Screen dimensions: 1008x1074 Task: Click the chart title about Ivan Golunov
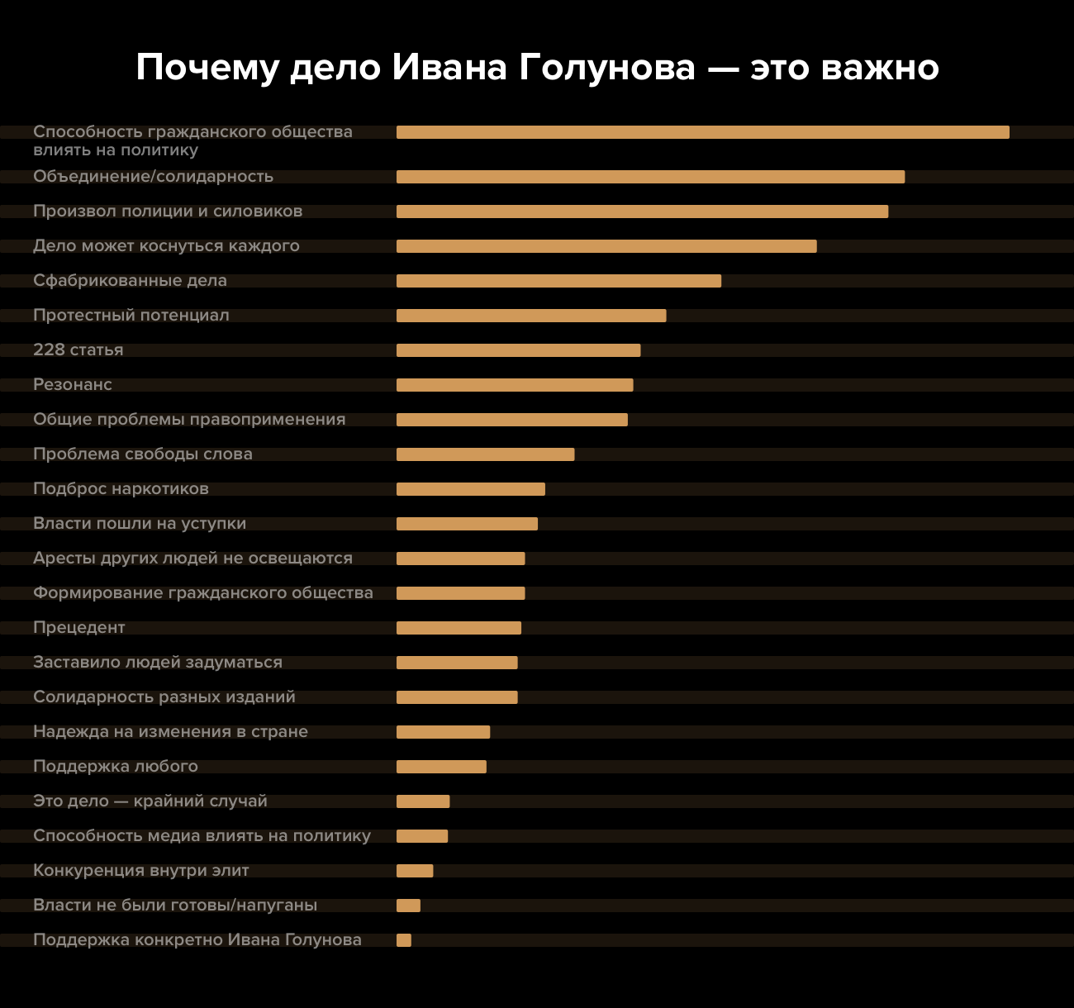(537, 68)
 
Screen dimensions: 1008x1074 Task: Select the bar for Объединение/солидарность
(650, 177)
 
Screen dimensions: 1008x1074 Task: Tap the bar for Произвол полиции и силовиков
(642, 212)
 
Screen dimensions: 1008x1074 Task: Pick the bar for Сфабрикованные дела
(558, 281)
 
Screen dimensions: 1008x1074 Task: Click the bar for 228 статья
(518, 350)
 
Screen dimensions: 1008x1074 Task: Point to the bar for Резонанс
(515, 385)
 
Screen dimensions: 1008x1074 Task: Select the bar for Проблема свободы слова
(485, 454)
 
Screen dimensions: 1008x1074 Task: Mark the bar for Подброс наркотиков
(471, 489)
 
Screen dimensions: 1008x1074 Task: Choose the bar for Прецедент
(459, 628)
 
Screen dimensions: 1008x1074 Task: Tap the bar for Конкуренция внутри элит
(415, 871)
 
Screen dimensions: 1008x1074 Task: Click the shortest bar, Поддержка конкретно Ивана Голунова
(404, 940)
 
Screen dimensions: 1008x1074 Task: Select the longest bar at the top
(702, 132)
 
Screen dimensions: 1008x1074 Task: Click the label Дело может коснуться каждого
(166, 246)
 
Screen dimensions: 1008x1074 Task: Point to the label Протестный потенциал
(131, 316)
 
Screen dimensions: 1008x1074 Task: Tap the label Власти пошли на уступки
(140, 524)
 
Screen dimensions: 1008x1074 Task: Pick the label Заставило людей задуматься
(158, 663)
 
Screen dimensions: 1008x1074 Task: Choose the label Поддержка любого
(116, 767)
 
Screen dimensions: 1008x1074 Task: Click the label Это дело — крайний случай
(150, 801)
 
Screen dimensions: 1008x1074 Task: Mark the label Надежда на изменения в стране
(170, 732)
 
